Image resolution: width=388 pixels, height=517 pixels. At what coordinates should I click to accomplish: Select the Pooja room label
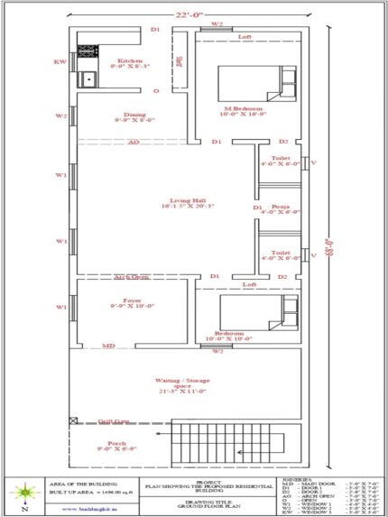(282, 208)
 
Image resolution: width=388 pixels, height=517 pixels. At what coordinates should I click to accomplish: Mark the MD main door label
(108, 346)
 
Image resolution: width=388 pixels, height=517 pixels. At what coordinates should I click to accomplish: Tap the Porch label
(115, 443)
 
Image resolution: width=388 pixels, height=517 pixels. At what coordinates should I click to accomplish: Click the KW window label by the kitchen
(60, 62)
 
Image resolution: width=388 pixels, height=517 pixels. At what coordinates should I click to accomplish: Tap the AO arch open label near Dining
(133, 143)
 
